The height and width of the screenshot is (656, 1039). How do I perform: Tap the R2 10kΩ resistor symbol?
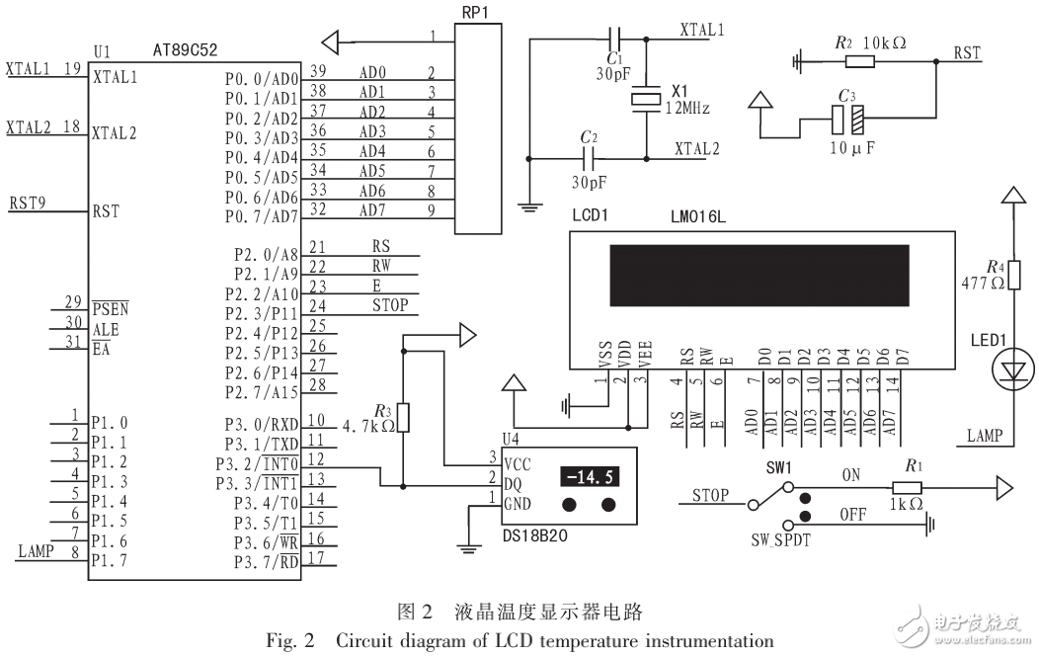[x=860, y=61]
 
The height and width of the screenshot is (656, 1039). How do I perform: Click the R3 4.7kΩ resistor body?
[x=403, y=419]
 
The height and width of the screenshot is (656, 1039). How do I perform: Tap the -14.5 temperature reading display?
[x=590, y=477]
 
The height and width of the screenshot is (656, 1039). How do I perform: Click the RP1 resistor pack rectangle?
[x=478, y=128]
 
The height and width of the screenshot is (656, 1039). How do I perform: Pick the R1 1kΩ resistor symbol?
[x=906, y=487]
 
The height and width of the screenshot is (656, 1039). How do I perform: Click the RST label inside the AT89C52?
[x=106, y=210]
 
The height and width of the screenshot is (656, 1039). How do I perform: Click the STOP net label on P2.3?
[x=389, y=305]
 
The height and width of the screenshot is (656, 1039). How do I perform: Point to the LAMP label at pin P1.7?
[x=36, y=551]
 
